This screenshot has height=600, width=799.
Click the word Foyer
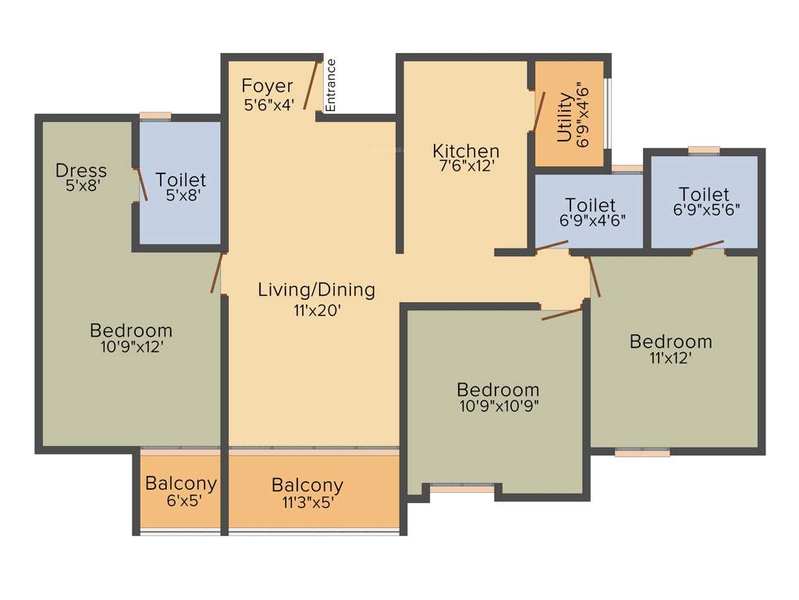pyautogui.click(x=267, y=86)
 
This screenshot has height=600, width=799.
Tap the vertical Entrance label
pyautogui.click(x=330, y=85)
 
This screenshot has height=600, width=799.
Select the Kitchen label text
pyautogui.click(x=466, y=151)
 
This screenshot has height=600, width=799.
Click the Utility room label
pyautogui.click(x=564, y=118)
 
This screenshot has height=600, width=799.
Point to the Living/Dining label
pyautogui.click(x=316, y=290)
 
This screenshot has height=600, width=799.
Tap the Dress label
pyautogui.click(x=81, y=170)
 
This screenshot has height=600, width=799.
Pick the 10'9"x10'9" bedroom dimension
pyautogui.click(x=498, y=405)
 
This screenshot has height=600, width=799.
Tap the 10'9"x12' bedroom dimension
pyautogui.click(x=132, y=347)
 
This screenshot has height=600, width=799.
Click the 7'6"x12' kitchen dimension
pyautogui.click(x=467, y=166)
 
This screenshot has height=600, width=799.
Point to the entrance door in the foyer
pyautogui.click(x=314, y=86)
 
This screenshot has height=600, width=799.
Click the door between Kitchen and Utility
pyautogui.click(x=538, y=112)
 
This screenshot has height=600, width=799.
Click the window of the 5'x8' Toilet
pyautogui.click(x=155, y=116)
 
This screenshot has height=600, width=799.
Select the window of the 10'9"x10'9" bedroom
pyautogui.click(x=462, y=488)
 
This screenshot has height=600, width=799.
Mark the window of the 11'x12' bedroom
pyautogui.click(x=641, y=452)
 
